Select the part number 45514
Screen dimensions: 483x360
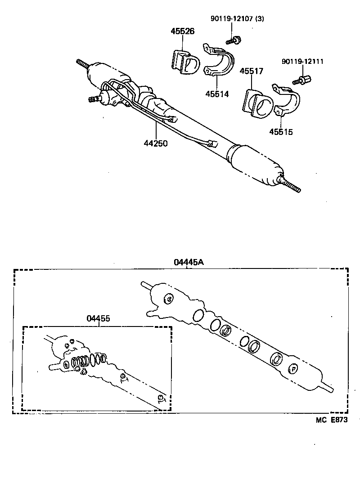[x=217, y=94]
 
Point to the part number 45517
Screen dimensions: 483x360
[x=251, y=71]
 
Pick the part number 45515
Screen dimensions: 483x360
[x=281, y=132]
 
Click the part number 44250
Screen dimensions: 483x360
[x=155, y=143]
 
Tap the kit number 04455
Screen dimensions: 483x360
[x=98, y=318]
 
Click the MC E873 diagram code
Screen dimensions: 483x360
[x=331, y=420]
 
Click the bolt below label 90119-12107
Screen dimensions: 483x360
[x=234, y=41]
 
